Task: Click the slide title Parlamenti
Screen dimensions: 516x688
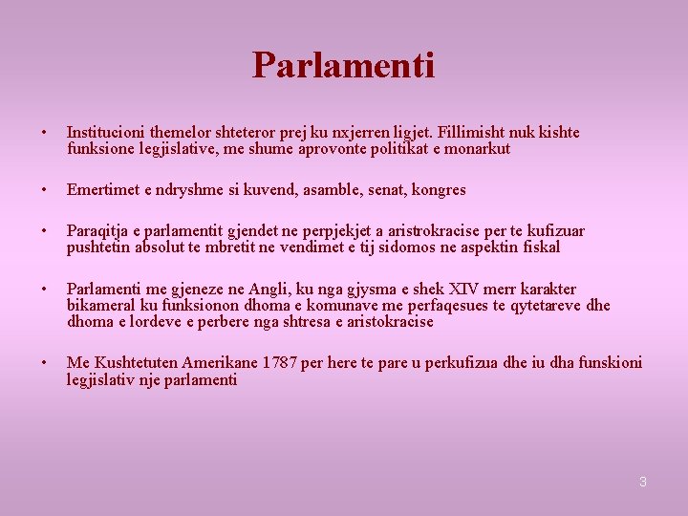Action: (x=343, y=65)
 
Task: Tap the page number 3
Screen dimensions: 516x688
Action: (x=643, y=482)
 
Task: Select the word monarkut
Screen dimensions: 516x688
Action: (x=479, y=149)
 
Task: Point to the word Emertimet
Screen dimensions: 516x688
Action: (x=102, y=190)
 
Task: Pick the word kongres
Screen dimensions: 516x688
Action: (x=439, y=190)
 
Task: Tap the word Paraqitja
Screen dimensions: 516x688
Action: (x=97, y=231)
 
